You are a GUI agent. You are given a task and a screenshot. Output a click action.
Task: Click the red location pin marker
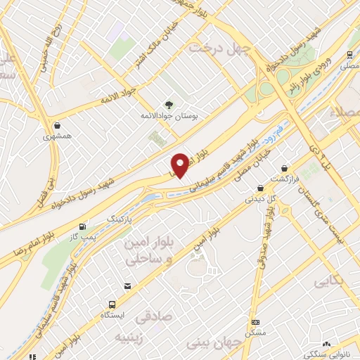[180, 164]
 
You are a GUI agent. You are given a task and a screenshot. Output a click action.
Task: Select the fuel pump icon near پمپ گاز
[84, 226]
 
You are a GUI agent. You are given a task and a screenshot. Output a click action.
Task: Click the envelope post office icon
[127, 285]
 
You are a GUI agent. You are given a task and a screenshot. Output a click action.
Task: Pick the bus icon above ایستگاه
[112, 304]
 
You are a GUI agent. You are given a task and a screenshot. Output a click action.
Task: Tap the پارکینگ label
[118, 220]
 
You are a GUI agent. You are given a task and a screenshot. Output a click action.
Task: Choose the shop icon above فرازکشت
[284, 169]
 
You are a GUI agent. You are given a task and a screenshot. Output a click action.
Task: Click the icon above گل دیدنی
[261, 188]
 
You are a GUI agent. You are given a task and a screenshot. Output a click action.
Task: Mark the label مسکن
[255, 332]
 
